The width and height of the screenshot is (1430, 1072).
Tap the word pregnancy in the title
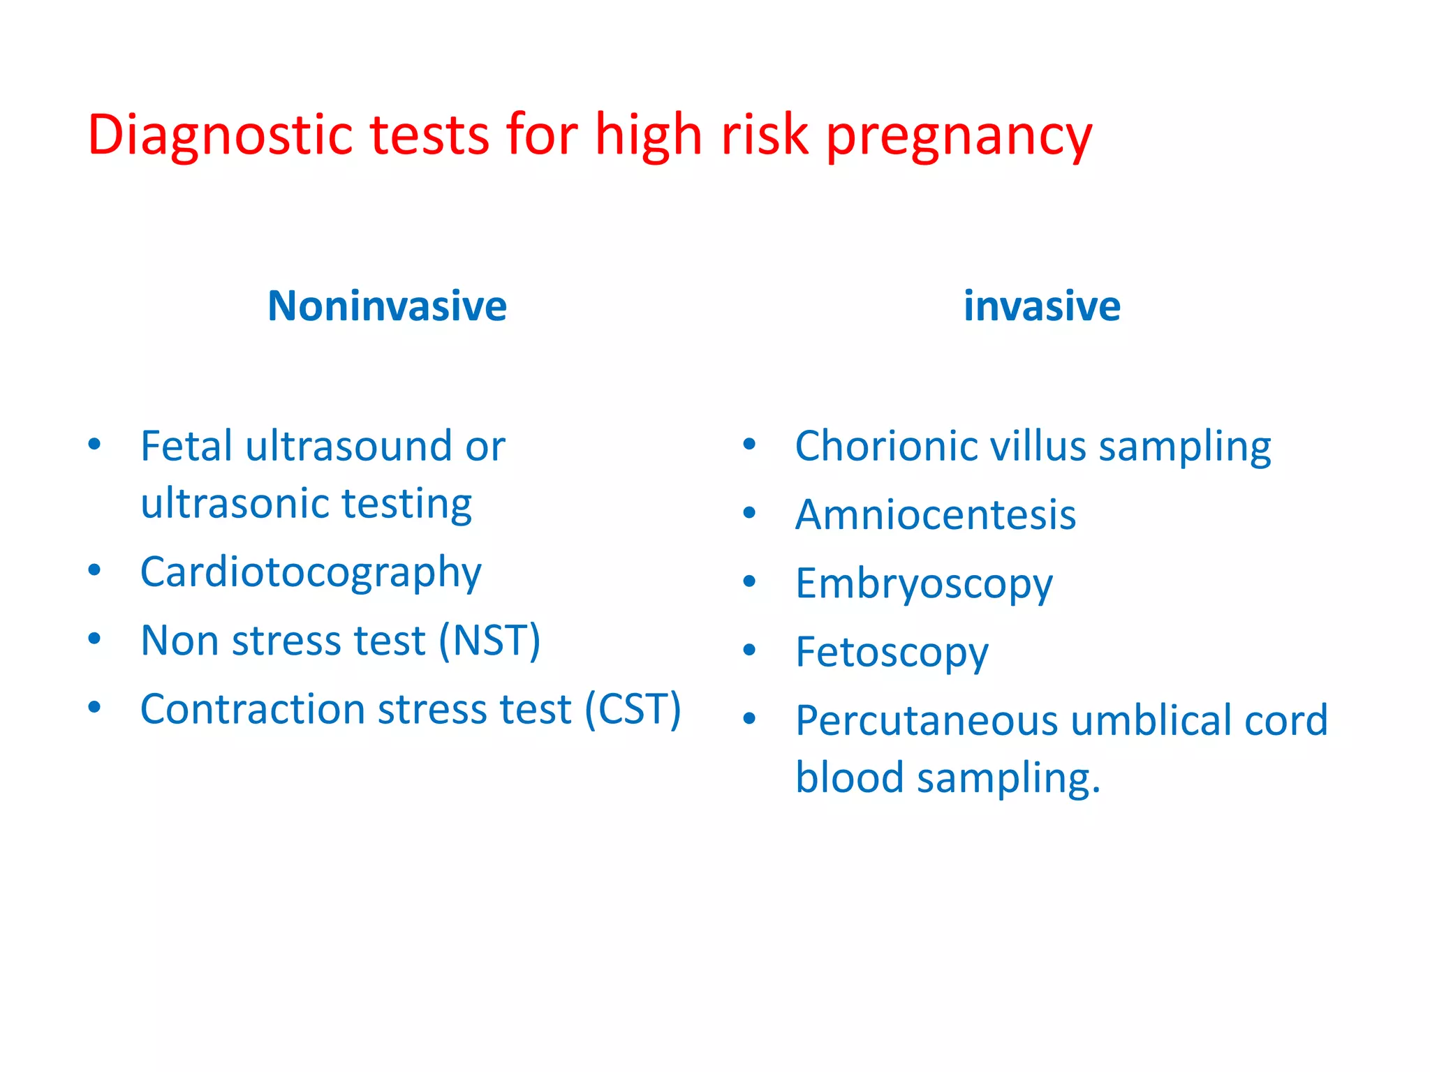[x=959, y=136]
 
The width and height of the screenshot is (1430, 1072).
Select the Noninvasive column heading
[x=387, y=306]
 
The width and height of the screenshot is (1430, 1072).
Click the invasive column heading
[x=1042, y=306]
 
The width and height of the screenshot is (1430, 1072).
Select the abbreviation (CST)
[x=633, y=710]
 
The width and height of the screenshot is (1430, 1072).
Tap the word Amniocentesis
[x=936, y=515]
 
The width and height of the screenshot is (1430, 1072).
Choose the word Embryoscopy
[x=923, y=584]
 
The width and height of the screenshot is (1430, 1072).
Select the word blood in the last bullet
[x=850, y=777]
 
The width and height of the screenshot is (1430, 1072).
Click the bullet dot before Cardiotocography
[x=94, y=570]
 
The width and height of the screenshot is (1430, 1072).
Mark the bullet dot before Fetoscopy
[x=749, y=650]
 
